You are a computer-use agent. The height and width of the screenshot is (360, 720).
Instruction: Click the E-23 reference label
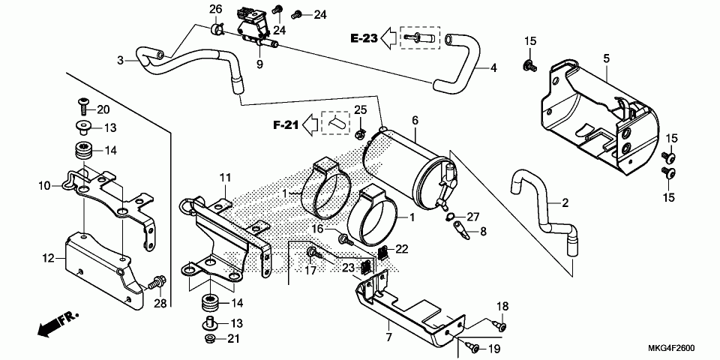click(364, 37)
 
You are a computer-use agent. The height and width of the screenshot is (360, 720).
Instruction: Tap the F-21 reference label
click(286, 124)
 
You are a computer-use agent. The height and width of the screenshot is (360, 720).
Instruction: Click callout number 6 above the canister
click(415, 120)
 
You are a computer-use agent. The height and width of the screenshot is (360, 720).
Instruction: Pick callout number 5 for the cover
click(606, 58)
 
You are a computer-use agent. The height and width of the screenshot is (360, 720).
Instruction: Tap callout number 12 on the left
click(49, 258)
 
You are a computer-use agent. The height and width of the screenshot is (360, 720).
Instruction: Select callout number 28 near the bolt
click(159, 302)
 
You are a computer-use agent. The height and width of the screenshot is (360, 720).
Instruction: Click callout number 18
click(502, 306)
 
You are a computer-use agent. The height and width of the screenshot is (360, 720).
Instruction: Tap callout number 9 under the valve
click(260, 64)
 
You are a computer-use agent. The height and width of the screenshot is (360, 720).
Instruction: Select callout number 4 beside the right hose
click(493, 68)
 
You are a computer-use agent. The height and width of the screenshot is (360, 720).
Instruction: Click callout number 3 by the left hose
click(120, 60)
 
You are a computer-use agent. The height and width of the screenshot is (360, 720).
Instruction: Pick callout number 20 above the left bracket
click(103, 109)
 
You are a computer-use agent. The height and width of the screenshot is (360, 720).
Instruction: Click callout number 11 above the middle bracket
click(223, 177)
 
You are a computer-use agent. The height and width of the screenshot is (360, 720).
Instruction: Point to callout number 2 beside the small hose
click(565, 202)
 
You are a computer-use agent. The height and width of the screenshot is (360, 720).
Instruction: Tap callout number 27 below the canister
click(472, 217)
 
